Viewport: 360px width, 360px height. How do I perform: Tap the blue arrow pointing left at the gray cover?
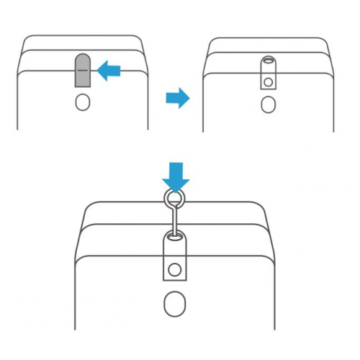pyautogui.click(x=109, y=70)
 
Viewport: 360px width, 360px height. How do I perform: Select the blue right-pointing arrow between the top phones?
pyautogui.click(x=177, y=97)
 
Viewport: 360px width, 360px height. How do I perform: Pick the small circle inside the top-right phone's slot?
pyautogui.click(x=268, y=82)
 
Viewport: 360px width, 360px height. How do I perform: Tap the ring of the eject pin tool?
pyautogui.click(x=175, y=198)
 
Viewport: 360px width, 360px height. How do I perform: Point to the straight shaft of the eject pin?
pyautogui.click(x=174, y=219)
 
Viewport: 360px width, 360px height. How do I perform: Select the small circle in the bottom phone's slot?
pyautogui.click(x=174, y=271)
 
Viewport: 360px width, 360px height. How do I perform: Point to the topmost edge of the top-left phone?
pyautogui.click(x=83, y=33)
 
